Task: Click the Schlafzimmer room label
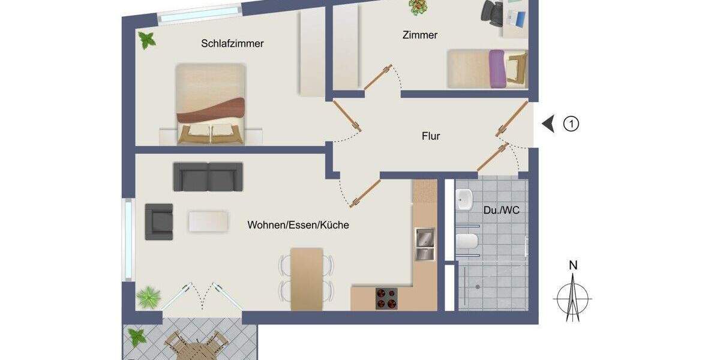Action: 232,44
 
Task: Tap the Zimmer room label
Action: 419,35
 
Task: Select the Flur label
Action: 430,136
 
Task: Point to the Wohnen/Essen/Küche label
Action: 298,226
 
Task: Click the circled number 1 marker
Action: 571,124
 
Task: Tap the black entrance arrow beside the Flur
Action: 548,124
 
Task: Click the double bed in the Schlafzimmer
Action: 211,104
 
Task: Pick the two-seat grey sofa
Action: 208,176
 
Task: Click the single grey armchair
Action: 159,221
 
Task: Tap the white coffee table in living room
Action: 208,221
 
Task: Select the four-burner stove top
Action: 386,298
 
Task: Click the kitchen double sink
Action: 424,244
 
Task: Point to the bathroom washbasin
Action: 465,200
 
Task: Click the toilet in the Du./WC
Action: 466,242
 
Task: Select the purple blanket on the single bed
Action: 497,69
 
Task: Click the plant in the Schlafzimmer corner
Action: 147,41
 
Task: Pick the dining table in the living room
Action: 307,279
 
